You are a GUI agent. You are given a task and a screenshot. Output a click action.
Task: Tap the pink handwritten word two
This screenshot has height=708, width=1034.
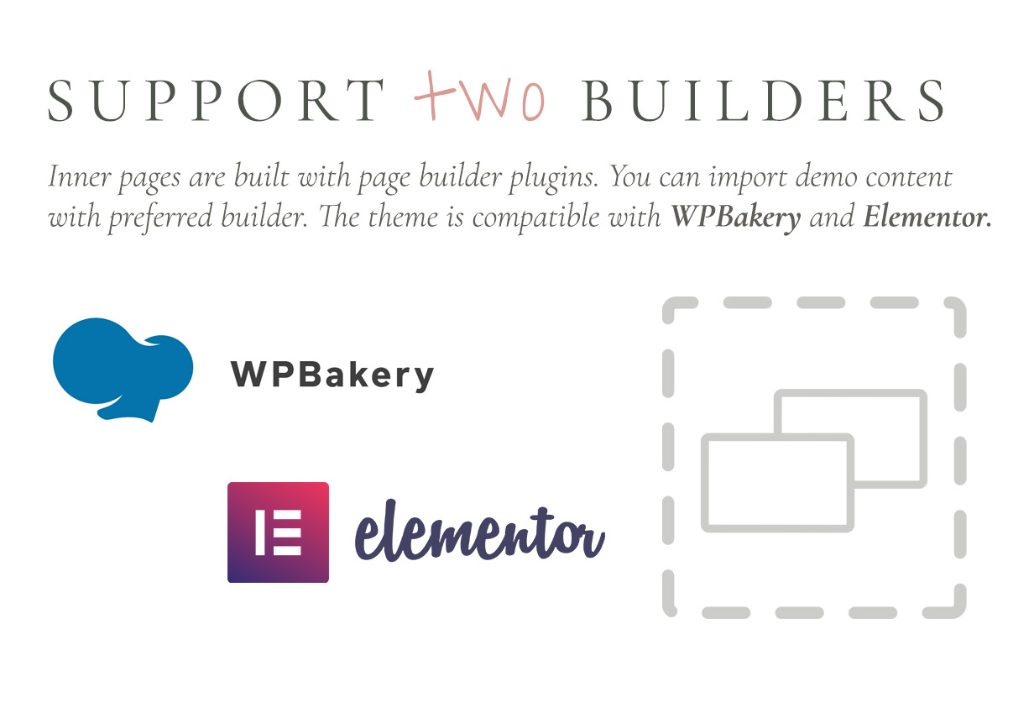479,98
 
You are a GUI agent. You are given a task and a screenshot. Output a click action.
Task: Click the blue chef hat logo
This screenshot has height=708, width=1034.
123,367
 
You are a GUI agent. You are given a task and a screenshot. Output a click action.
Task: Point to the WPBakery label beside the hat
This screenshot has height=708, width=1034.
332,375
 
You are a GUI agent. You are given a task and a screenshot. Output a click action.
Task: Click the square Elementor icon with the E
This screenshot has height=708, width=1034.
278,532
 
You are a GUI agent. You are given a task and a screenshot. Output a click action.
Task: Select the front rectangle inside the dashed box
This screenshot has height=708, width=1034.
777,482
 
